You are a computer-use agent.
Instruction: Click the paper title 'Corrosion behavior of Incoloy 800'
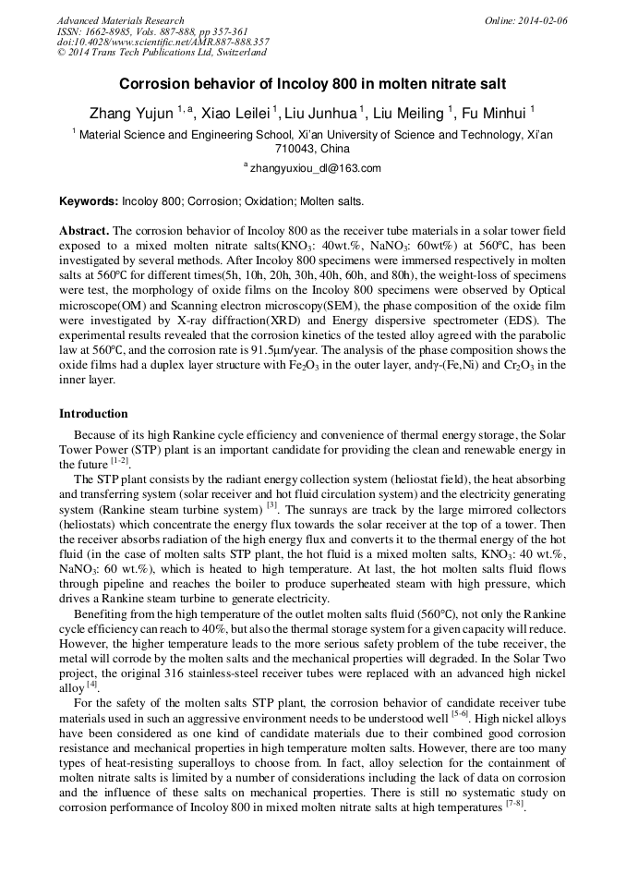click(x=312, y=83)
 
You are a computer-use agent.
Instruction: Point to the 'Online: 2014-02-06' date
click(x=526, y=20)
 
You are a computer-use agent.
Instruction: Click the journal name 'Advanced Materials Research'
click(x=120, y=20)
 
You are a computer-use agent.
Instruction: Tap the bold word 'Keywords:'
click(x=89, y=200)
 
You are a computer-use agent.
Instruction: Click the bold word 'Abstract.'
click(x=85, y=229)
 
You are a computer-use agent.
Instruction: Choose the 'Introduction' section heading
click(x=93, y=413)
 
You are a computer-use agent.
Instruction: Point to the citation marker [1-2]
click(x=119, y=461)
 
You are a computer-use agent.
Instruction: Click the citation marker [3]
click(x=271, y=505)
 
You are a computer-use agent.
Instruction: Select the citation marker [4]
click(x=91, y=684)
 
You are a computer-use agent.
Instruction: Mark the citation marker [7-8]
click(x=514, y=804)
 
